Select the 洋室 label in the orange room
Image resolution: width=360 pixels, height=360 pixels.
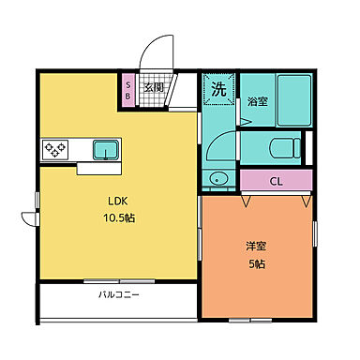tap(257, 247)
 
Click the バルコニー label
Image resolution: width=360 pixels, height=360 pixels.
tap(119, 295)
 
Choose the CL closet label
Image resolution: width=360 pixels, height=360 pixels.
tap(277, 182)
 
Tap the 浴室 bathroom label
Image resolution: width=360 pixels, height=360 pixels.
tap(258, 101)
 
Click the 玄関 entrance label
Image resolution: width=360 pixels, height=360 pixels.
tap(153, 89)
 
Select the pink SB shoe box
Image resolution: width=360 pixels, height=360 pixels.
tap(128, 89)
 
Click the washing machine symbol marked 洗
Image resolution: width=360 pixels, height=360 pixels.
tap(218, 90)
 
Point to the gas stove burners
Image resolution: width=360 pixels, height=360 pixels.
tap(54, 149)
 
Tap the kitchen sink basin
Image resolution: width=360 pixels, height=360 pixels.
tap(105, 148)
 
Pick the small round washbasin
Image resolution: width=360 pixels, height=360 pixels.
tap(220, 179)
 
